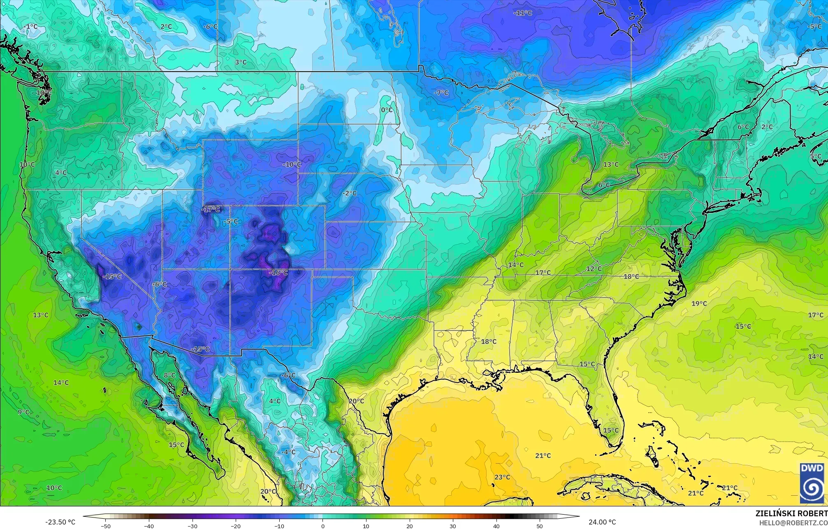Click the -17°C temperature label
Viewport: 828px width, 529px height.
pyautogui.click(x=211, y=210)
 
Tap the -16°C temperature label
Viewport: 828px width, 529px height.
pyautogui.click(x=278, y=273)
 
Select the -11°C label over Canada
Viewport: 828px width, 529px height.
pyautogui.click(x=523, y=13)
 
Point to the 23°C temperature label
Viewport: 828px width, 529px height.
pyautogui.click(x=502, y=477)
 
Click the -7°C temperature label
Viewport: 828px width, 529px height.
pyautogui.click(x=441, y=93)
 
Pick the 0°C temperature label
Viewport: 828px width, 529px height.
pyautogui.click(x=387, y=110)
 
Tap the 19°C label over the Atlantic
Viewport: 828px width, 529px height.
pyautogui.click(x=699, y=304)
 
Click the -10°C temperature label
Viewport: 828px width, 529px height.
pyautogui.click(x=292, y=164)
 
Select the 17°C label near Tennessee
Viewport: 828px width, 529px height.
pyautogui.click(x=543, y=273)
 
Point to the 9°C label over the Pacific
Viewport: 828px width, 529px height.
pyautogui.click(x=23, y=412)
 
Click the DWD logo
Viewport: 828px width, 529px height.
pyautogui.click(x=812, y=483)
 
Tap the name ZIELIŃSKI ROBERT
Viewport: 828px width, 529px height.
pyautogui.click(x=791, y=513)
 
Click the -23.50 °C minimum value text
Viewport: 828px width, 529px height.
pyautogui.click(x=60, y=522)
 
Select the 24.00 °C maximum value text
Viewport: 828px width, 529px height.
pyautogui.click(x=602, y=522)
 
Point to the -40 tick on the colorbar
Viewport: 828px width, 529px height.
pyautogui.click(x=149, y=526)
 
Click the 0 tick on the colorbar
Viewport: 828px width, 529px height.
pyautogui.click(x=323, y=526)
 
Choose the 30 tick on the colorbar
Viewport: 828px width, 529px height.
pyautogui.click(x=453, y=526)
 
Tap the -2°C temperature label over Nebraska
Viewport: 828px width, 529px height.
pyautogui.click(x=350, y=193)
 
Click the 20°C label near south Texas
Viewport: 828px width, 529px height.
pyautogui.click(x=356, y=401)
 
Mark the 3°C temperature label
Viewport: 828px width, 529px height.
pyautogui.click(x=241, y=62)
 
